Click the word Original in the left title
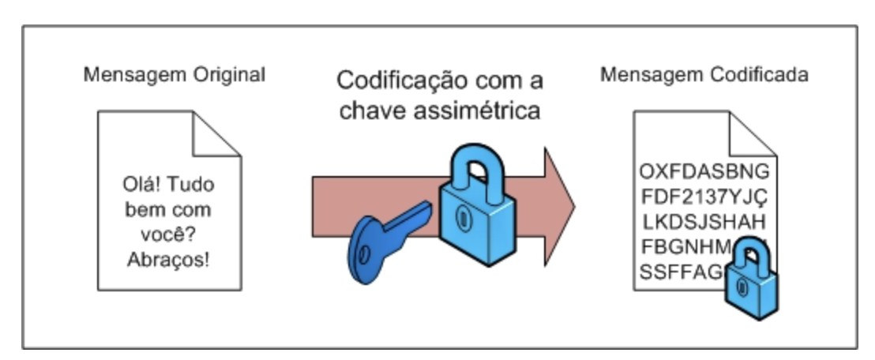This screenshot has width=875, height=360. coord(229,76)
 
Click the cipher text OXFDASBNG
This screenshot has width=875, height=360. coord(704,172)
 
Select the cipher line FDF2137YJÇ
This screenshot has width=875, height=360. coord(704,195)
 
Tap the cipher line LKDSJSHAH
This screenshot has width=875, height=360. coord(704,218)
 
